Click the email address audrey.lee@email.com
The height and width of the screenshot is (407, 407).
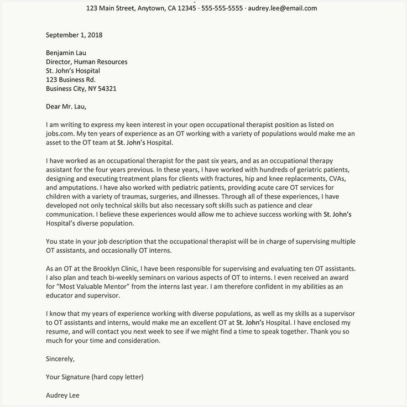283,8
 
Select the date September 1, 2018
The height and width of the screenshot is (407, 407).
74,35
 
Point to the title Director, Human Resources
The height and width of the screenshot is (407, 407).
87,62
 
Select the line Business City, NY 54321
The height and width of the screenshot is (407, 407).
81,88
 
